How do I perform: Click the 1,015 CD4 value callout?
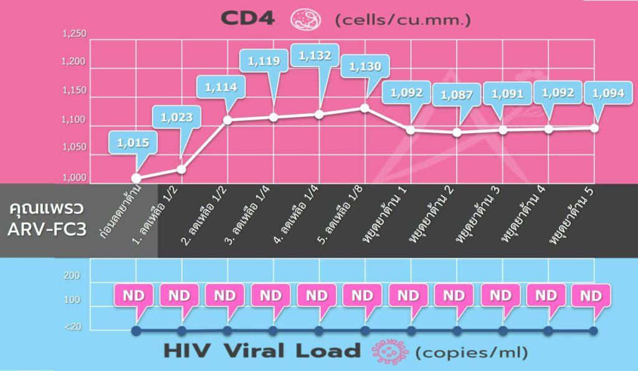(133, 143)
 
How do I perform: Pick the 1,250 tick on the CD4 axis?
(75, 34)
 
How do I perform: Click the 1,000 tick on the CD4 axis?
(75, 179)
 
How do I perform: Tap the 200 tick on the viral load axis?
(72, 276)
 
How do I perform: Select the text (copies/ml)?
(471, 352)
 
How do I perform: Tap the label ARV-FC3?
(46, 228)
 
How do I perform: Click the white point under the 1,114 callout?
(227, 120)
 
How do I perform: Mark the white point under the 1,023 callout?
(181, 169)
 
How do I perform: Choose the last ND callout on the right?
(592, 296)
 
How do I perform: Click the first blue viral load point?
(136, 331)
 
